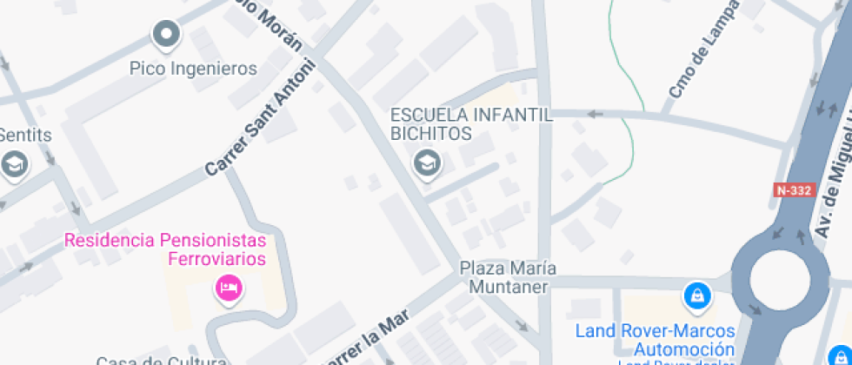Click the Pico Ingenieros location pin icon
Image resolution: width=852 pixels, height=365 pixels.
165,36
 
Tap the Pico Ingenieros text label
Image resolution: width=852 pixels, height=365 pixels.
193,68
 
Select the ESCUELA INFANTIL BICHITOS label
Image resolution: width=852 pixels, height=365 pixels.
470,124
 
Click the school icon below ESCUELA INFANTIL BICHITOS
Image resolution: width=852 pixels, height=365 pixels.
426,163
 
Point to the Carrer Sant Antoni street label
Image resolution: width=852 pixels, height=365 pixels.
258,119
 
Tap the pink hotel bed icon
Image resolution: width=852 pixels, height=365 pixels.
229,287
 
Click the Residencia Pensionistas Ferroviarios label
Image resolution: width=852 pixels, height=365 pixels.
164,249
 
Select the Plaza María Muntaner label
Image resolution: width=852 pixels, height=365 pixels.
508,277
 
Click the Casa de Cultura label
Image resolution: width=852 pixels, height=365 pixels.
162,360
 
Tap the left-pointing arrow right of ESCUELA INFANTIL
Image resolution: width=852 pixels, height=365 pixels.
595,114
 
